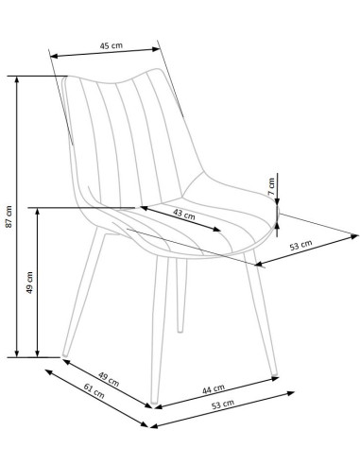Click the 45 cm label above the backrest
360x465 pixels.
click(111, 45)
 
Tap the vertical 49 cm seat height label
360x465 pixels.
click(29, 283)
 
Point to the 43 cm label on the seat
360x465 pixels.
click(184, 215)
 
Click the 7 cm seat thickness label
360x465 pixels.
click(271, 186)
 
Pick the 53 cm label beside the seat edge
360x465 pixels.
click(301, 245)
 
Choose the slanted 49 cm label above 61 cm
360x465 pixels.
click(109, 379)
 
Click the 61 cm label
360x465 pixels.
click(94, 390)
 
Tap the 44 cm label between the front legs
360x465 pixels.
click(214, 389)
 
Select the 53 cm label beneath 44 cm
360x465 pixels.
click(223, 405)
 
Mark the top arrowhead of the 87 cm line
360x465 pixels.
click(17, 79)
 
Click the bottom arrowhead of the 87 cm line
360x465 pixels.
click(17, 353)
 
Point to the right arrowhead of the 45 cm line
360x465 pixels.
click(157, 49)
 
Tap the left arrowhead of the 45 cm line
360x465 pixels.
click(54, 57)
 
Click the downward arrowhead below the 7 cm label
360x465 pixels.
click(277, 201)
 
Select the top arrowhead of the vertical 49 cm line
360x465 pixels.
click(38, 212)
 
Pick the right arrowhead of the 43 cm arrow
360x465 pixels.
click(217, 229)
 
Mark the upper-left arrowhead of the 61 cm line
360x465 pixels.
click(49, 372)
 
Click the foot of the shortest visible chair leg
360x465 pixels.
click(180, 330)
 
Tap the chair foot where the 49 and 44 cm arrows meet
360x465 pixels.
click(154, 403)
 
